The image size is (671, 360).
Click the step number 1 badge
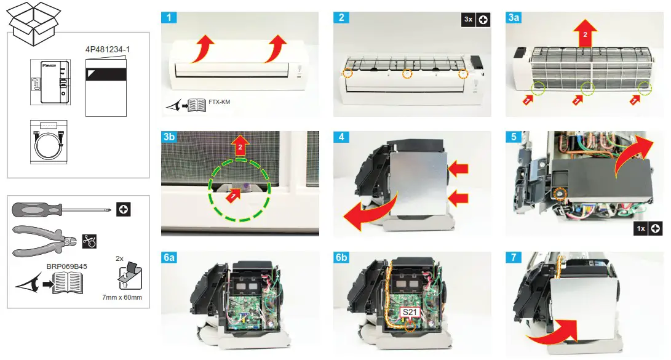tap(169, 18)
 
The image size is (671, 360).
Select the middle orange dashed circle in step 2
tap(407, 74)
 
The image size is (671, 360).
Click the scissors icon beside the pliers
tap(90, 241)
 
